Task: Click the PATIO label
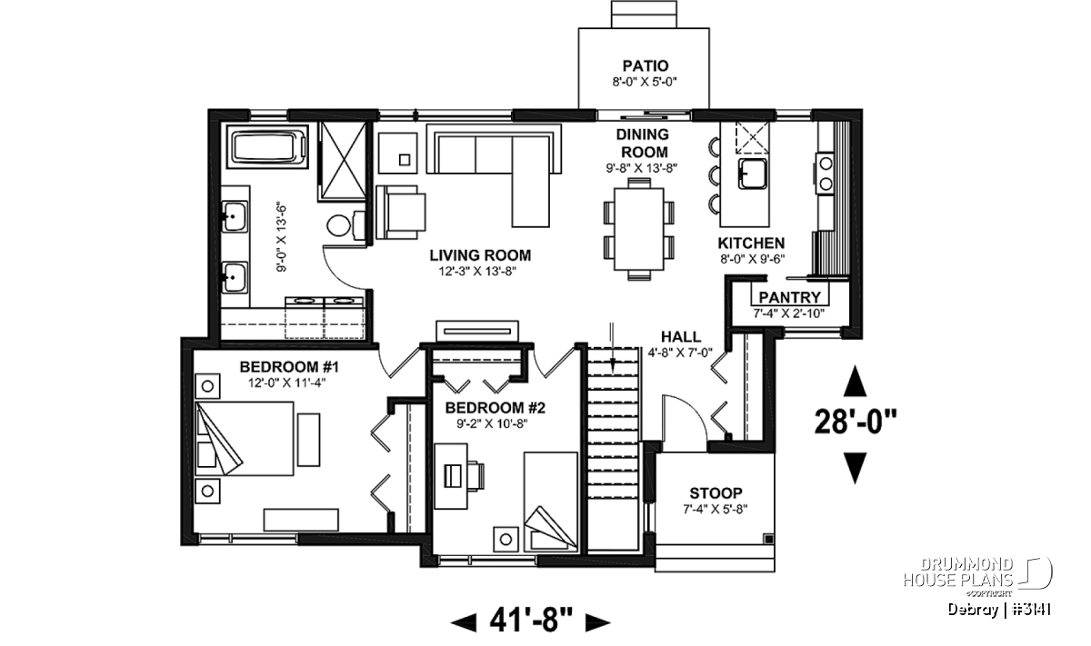pyautogui.click(x=645, y=65)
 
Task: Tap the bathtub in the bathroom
pyautogui.click(x=267, y=146)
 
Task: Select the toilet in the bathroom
pyautogui.click(x=345, y=225)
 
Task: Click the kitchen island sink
pyautogui.click(x=752, y=174)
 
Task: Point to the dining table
pyautogui.click(x=639, y=229)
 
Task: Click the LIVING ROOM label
pyautogui.click(x=480, y=255)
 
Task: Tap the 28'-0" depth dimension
pyautogui.click(x=856, y=422)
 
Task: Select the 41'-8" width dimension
pyautogui.click(x=531, y=621)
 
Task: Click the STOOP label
pyautogui.click(x=716, y=493)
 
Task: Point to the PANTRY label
pyautogui.click(x=789, y=297)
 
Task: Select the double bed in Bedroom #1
pyautogui.click(x=245, y=438)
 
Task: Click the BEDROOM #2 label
pyautogui.click(x=495, y=407)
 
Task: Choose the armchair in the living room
pyautogui.click(x=401, y=212)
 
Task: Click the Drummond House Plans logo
pyautogui.click(x=978, y=577)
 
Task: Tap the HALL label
pyautogui.click(x=680, y=336)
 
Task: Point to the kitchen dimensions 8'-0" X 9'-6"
pyautogui.click(x=753, y=259)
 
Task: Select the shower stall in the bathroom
pyautogui.click(x=343, y=160)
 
